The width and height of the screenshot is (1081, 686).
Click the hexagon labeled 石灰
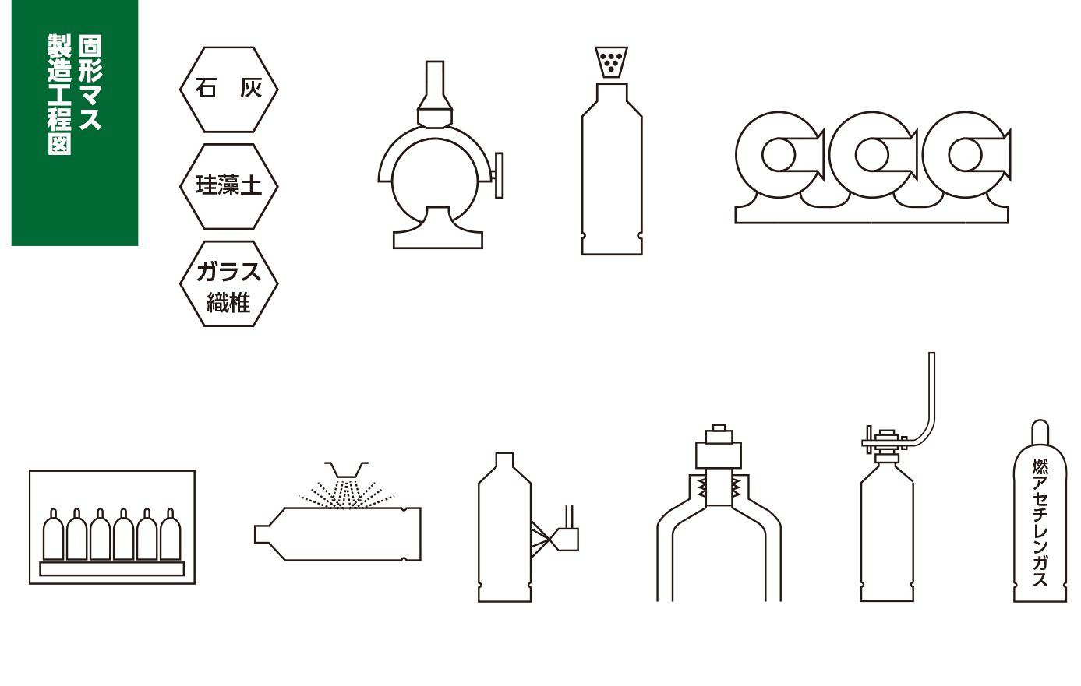(228, 89)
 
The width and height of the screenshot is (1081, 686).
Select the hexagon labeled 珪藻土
(228, 186)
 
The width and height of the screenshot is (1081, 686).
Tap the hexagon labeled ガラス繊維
(228, 285)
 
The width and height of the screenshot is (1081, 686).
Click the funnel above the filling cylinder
(613, 62)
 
